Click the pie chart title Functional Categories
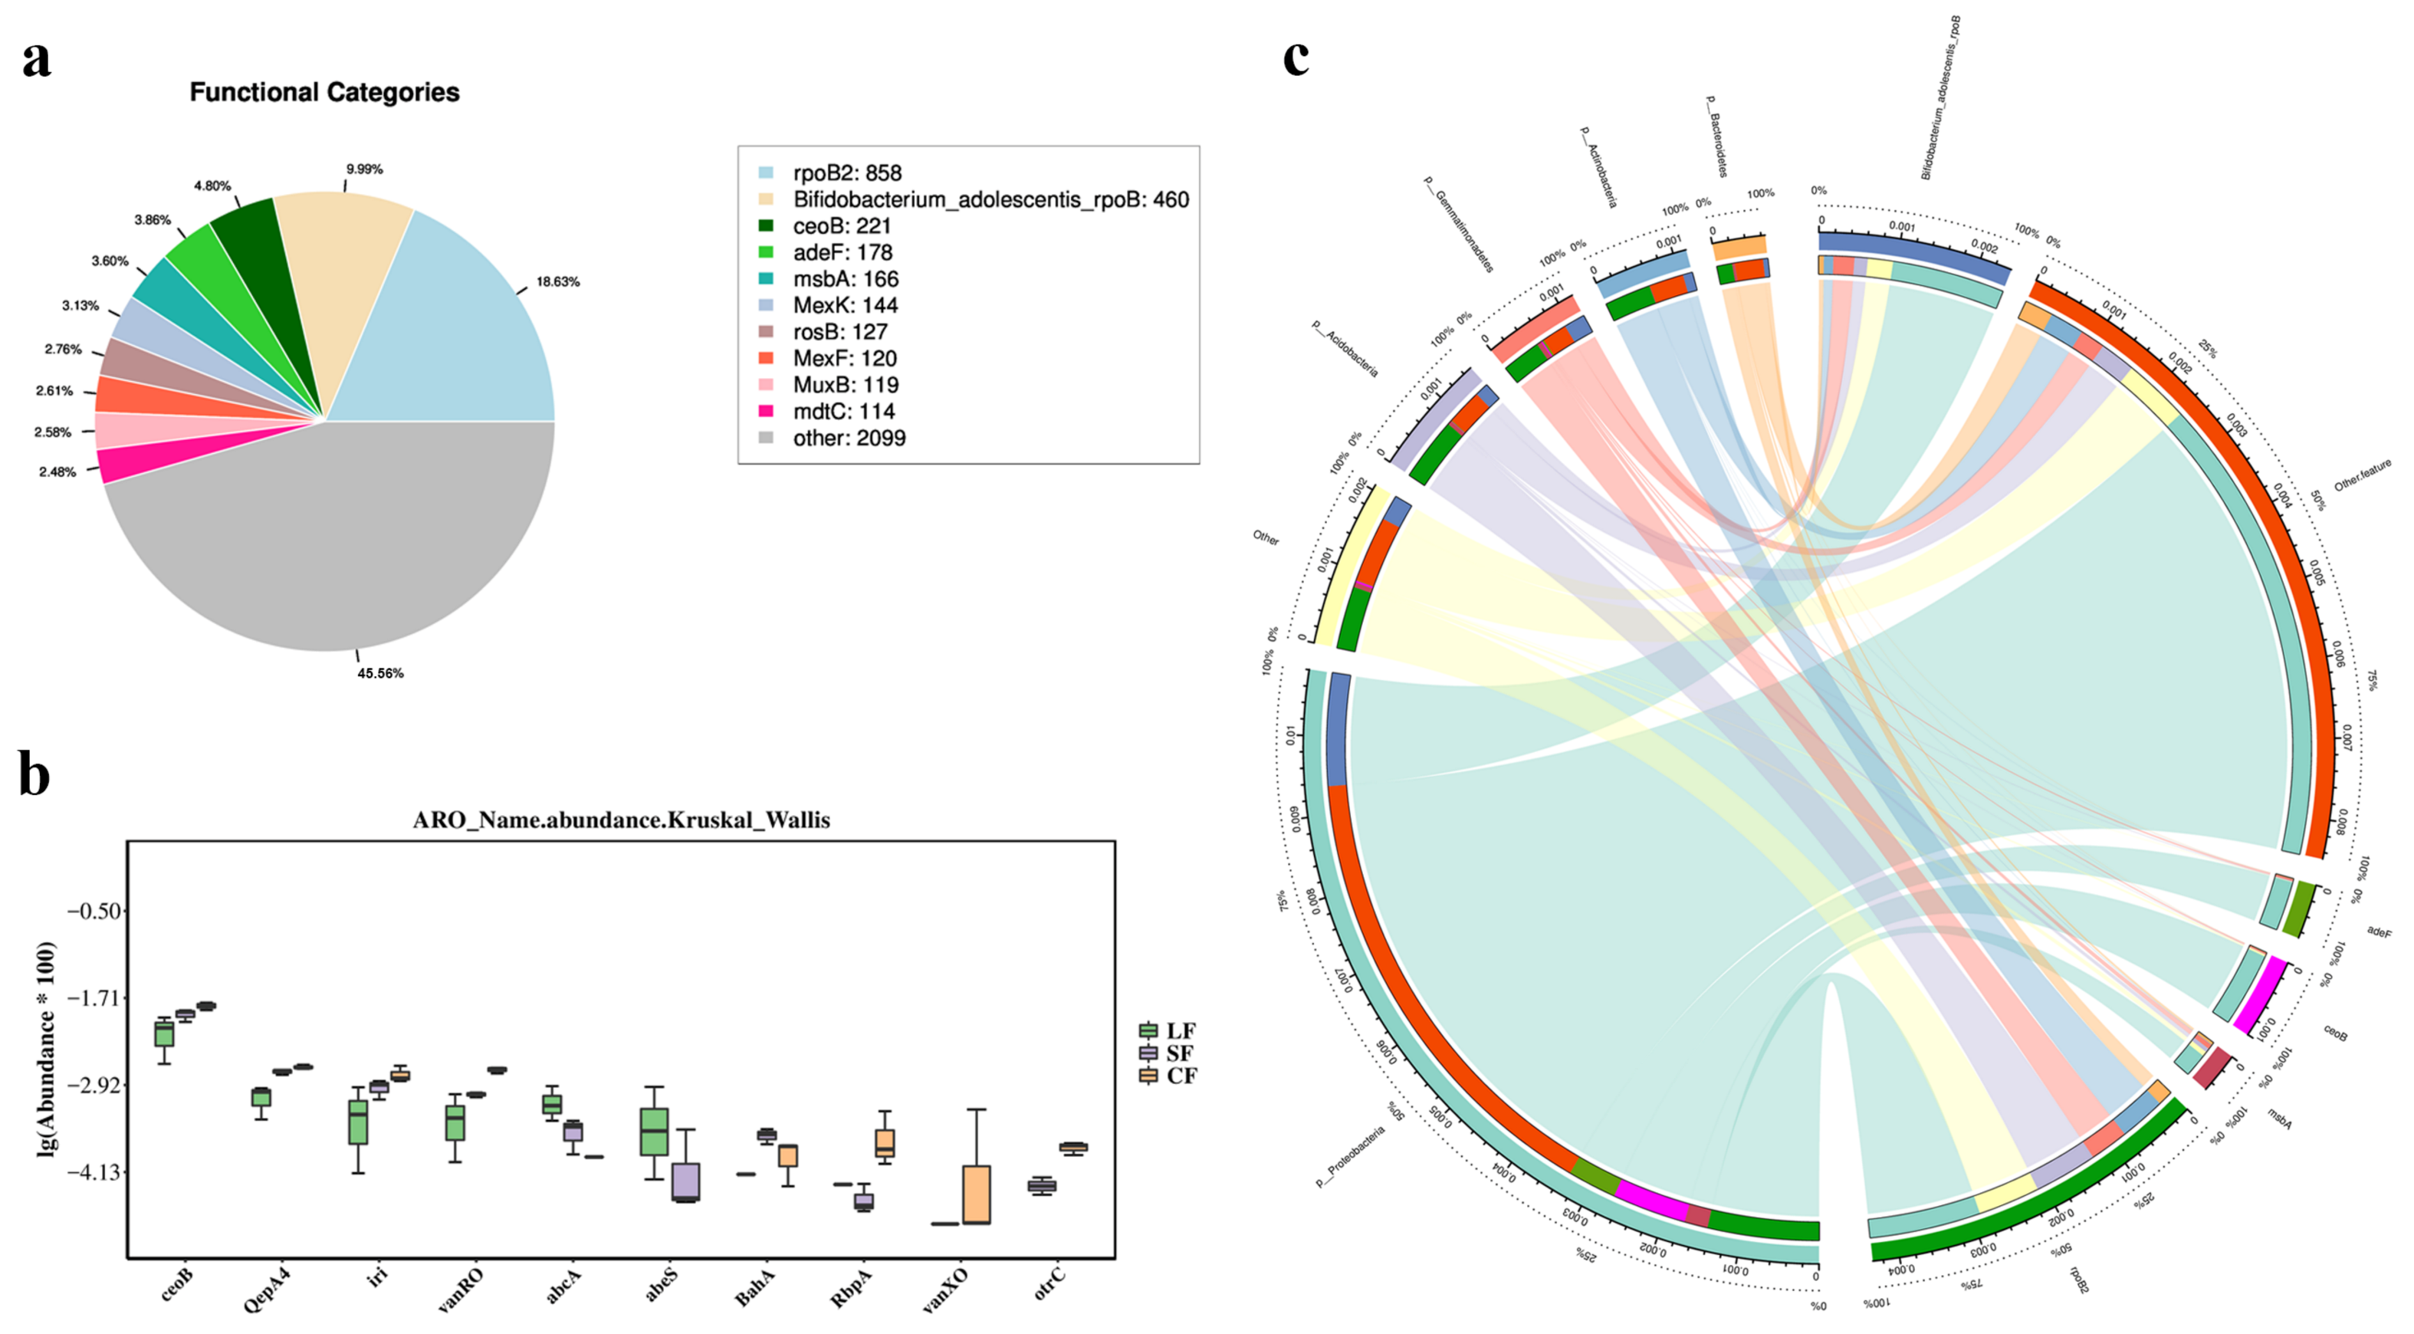click(324, 92)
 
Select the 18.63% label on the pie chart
click(557, 281)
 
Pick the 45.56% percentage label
click(379, 673)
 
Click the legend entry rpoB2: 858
click(846, 173)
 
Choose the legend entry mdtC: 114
click(843, 412)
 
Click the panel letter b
click(34, 775)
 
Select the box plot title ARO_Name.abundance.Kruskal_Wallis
click(621, 820)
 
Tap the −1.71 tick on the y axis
click(94, 997)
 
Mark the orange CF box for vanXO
click(977, 1194)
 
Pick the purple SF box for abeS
click(686, 1181)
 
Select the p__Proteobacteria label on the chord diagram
click(1349, 1157)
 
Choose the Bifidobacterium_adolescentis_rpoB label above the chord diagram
click(1939, 97)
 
